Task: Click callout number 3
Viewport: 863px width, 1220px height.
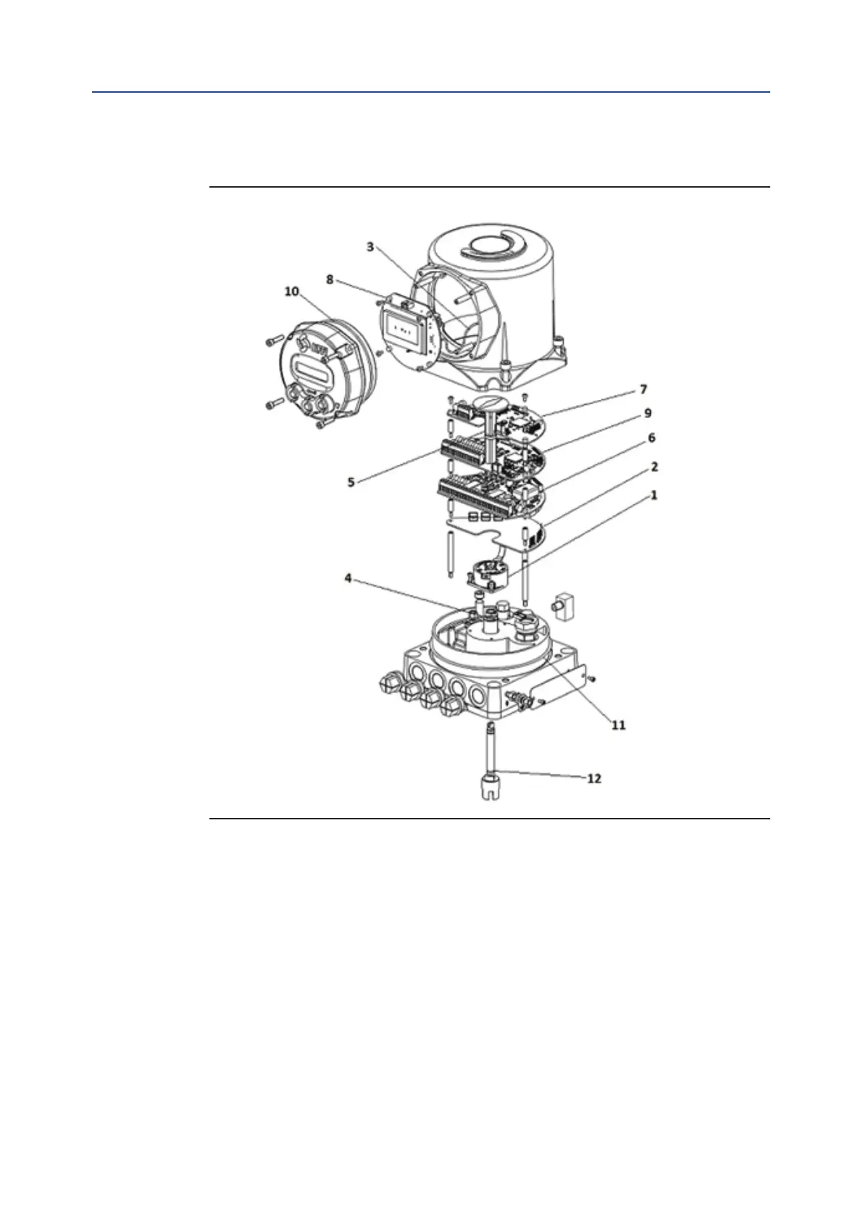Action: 370,247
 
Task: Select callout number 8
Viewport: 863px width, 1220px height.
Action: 330,279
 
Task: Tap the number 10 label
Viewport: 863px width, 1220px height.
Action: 291,291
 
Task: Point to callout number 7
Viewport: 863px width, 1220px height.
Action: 643,390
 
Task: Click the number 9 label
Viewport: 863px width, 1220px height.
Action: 648,413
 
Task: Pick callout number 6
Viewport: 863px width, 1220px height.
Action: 651,438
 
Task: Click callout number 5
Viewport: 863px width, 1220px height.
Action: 351,482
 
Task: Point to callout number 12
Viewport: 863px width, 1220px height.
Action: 593,779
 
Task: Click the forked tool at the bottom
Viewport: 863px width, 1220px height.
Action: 491,786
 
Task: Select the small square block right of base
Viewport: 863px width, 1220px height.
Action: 563,604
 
